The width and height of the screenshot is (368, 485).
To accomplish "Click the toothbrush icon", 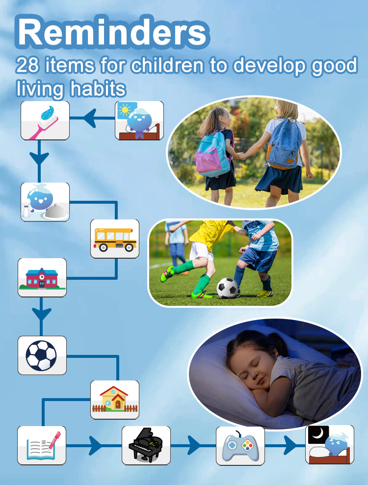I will click(x=45, y=120).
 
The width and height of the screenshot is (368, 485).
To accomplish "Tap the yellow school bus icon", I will click(x=115, y=239).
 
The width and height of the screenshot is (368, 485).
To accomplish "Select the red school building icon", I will click(x=42, y=277).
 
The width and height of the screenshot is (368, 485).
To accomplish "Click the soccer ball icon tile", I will click(x=42, y=355).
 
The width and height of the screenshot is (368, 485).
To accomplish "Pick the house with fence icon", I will click(x=115, y=400).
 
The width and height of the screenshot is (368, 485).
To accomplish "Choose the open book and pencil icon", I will click(x=42, y=445).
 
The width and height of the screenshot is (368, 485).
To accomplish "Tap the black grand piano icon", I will click(x=146, y=445).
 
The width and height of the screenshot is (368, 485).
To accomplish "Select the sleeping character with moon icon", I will click(x=329, y=445).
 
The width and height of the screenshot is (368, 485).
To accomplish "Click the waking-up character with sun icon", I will click(x=139, y=121).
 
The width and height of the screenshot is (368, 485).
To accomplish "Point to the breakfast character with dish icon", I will click(x=45, y=202).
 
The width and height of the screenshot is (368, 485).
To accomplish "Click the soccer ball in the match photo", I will click(x=227, y=288).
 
